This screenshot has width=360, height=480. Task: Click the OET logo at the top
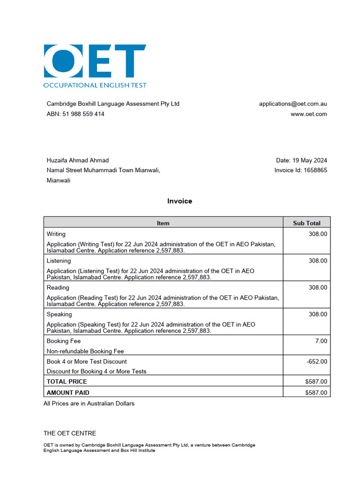(95, 66)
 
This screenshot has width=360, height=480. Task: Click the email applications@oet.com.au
(293, 104)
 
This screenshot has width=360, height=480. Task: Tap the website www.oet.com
(308, 114)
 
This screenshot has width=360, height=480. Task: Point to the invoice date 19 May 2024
(301, 160)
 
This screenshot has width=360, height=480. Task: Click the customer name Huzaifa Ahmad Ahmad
(78, 160)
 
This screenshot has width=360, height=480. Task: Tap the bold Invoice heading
(180, 201)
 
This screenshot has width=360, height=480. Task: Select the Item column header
(163, 223)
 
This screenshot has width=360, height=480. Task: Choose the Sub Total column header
(307, 223)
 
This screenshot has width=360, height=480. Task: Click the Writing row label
(56, 234)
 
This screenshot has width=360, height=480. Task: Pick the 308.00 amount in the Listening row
(318, 261)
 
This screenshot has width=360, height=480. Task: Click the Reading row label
(58, 287)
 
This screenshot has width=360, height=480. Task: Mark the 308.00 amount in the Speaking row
(318, 314)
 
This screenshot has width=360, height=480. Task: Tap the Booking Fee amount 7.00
(321, 341)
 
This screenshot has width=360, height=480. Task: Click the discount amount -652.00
(316, 361)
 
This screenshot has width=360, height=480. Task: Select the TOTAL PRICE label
(67, 382)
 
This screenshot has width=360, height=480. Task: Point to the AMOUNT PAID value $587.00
(316, 393)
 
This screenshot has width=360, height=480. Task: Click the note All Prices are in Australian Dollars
(89, 404)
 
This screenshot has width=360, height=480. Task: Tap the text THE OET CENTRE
(70, 434)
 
